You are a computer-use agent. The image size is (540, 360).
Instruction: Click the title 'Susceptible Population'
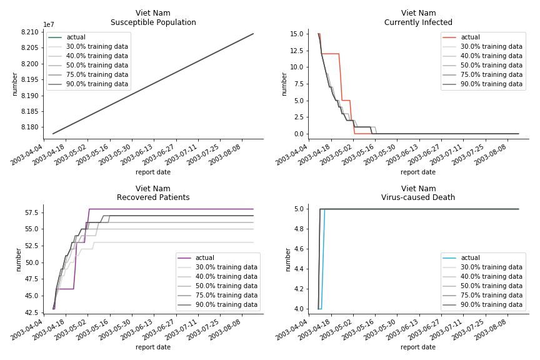coord(153,22)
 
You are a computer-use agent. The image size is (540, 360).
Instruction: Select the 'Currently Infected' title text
coord(418,22)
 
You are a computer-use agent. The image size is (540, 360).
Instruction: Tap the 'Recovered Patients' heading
coord(153,197)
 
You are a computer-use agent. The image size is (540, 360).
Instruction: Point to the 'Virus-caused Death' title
coord(418,197)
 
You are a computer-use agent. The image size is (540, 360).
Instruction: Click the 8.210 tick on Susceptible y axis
coord(31,32)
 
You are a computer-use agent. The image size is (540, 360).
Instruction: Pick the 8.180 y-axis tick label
coord(31,127)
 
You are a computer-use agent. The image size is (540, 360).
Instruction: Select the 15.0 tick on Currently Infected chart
coord(297,34)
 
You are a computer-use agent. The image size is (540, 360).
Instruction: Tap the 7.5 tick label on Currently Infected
coord(299,84)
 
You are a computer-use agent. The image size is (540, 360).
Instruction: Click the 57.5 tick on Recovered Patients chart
coord(31,213)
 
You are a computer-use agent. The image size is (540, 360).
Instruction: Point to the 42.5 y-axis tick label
coord(31,312)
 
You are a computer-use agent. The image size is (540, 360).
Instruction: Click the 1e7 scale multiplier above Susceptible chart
coord(49,25)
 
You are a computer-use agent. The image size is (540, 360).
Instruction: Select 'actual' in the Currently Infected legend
coord(470,37)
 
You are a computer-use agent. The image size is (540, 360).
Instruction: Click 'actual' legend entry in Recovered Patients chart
coord(204,258)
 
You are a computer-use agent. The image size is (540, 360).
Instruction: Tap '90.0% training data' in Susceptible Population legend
coord(97,84)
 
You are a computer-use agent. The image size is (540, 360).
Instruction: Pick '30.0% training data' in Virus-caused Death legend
coord(491,267)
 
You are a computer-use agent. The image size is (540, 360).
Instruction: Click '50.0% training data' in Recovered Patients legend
coord(226,286)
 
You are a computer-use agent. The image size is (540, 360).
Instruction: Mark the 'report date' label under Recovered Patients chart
coord(153,347)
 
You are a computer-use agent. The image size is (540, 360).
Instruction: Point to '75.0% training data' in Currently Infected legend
coord(491,75)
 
